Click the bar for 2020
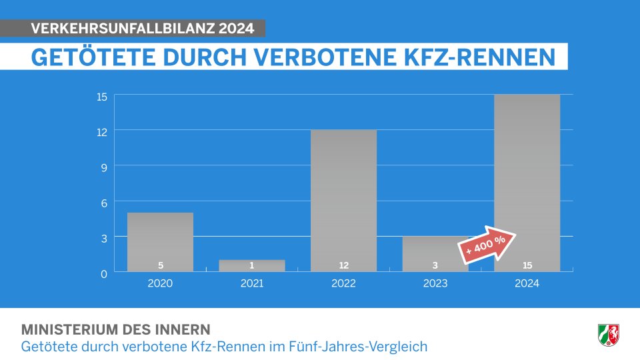(160, 240)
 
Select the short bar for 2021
(252, 265)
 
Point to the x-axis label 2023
(435, 283)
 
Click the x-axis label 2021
(252, 283)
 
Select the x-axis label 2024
(527, 283)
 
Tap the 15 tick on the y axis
(101, 96)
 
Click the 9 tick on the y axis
(103, 167)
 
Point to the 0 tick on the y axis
(103, 273)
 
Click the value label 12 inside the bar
(343, 265)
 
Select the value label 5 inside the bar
(160, 265)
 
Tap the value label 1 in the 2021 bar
(252, 265)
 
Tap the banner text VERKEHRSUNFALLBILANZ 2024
(142, 29)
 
